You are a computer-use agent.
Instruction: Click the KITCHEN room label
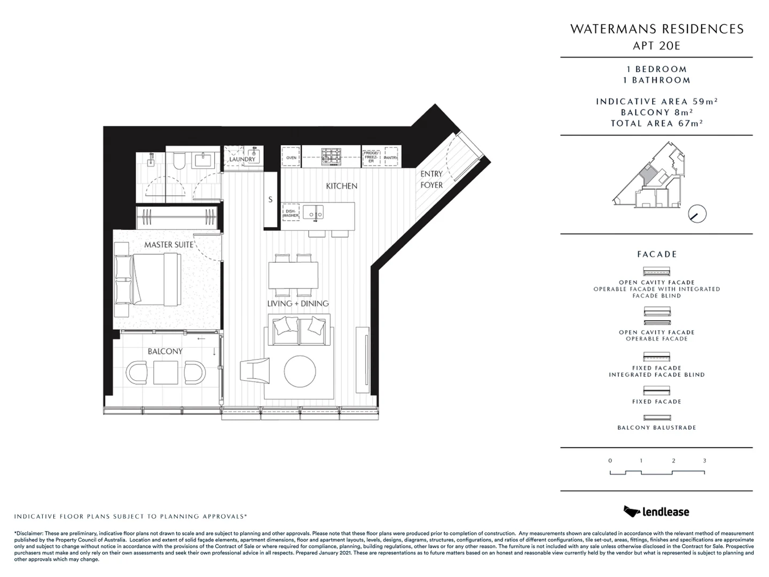[342, 186]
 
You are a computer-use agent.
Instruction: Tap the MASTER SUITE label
[169, 245]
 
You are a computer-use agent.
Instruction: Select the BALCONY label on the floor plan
[165, 351]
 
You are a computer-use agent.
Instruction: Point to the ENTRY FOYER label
[431, 180]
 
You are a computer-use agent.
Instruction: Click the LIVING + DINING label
[298, 303]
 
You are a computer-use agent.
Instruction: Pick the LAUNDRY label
[242, 159]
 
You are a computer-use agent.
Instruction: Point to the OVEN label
[291, 158]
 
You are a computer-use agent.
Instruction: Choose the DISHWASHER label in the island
[291, 214]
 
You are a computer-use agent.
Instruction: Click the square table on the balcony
[166, 372]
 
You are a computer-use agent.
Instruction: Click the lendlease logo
[656, 511]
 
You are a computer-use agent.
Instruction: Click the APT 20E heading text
[656, 45]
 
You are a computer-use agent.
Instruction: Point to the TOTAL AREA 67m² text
[656, 123]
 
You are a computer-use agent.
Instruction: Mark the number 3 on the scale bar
[704, 461]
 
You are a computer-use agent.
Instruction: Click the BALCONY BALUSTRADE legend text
[656, 427]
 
